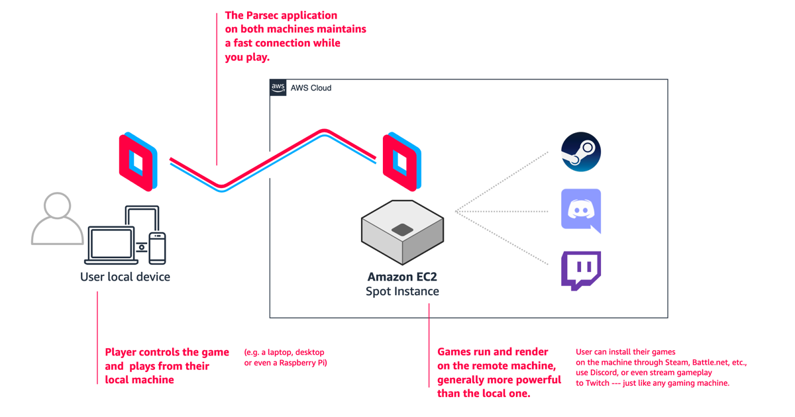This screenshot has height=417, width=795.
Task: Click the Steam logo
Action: (x=580, y=152)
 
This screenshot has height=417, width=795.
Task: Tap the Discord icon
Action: (x=581, y=210)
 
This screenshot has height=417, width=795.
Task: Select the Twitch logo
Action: (x=581, y=271)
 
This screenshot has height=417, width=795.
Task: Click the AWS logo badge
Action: (x=278, y=87)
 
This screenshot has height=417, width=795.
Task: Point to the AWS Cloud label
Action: (x=311, y=88)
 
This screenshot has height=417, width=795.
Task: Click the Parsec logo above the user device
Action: (x=138, y=162)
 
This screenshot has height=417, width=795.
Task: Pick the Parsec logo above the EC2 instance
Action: (x=401, y=162)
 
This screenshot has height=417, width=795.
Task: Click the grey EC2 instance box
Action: (x=403, y=232)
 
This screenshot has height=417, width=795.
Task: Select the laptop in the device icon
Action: (x=111, y=246)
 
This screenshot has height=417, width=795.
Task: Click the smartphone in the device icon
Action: (x=157, y=248)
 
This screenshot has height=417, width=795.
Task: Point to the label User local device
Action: (x=125, y=277)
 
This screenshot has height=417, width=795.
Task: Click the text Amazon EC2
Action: (x=402, y=277)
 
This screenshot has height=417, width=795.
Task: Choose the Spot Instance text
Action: (x=402, y=291)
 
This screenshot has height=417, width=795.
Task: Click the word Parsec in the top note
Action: (x=261, y=15)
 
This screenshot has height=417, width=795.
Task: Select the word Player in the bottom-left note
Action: (x=121, y=352)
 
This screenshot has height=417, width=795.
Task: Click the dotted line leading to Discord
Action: (x=502, y=211)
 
